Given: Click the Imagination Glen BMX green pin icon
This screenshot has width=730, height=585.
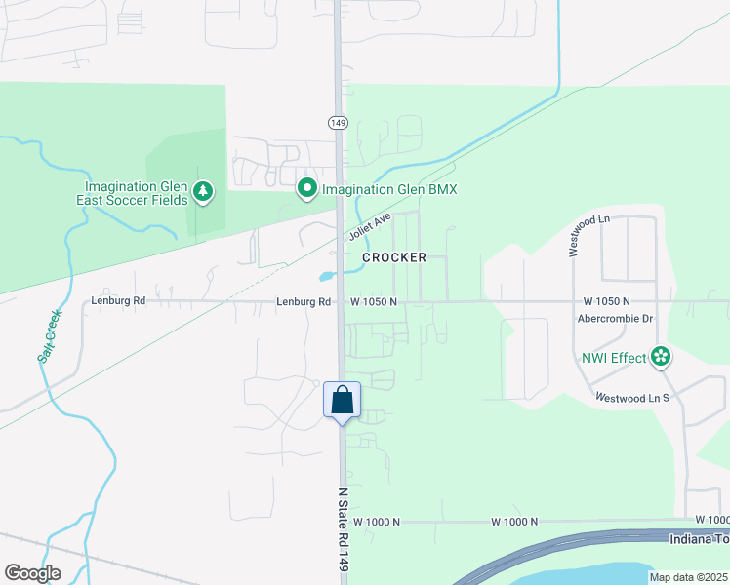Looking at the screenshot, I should [x=307, y=188].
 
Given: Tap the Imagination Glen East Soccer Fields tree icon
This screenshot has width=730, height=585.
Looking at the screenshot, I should [x=203, y=192].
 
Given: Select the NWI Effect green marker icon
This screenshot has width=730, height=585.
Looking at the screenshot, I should [x=661, y=357].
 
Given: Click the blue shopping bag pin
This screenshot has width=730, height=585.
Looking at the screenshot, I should [x=343, y=400].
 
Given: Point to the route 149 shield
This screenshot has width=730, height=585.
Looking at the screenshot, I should [x=338, y=123].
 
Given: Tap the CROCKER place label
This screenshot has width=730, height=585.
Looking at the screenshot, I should [x=394, y=257].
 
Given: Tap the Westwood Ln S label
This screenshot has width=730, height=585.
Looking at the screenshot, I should [x=632, y=398].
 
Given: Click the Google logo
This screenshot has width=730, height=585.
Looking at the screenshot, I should [x=32, y=573].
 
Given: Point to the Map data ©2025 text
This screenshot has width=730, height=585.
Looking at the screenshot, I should [x=688, y=577].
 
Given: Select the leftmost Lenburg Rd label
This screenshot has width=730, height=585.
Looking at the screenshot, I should [x=118, y=301].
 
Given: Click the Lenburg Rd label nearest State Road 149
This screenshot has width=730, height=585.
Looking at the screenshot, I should [x=303, y=302].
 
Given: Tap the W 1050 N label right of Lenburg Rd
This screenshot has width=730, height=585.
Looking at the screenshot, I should [x=374, y=302].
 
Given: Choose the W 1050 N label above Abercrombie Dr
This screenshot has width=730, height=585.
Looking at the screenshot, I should [x=607, y=302].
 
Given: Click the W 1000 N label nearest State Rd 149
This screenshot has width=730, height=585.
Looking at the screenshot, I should [x=378, y=522].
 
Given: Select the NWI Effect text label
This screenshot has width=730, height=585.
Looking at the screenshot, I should [x=615, y=358].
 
